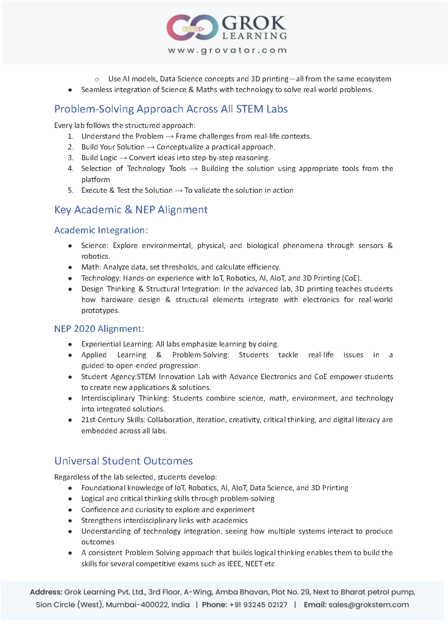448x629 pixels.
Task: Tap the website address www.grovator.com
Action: pos(227,50)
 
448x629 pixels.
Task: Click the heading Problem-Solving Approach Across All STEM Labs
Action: pos(171,109)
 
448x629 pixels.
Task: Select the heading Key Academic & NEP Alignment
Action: pos(131,210)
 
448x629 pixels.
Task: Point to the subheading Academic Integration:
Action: pos(101,230)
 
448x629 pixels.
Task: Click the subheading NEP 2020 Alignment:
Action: pos(99,329)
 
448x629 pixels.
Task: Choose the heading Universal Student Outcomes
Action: pos(123,461)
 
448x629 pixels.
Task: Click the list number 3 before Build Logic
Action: pos(70,158)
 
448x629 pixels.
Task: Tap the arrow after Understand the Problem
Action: pos(170,136)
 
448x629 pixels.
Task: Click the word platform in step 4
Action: pos(95,179)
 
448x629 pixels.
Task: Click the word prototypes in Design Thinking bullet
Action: pos(100,310)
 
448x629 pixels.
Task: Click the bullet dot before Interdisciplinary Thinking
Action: pos(70,398)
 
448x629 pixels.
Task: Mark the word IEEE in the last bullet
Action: pos(234,564)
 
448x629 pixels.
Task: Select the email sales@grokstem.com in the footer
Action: pos(369,605)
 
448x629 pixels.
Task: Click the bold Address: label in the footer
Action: pos(46,592)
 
